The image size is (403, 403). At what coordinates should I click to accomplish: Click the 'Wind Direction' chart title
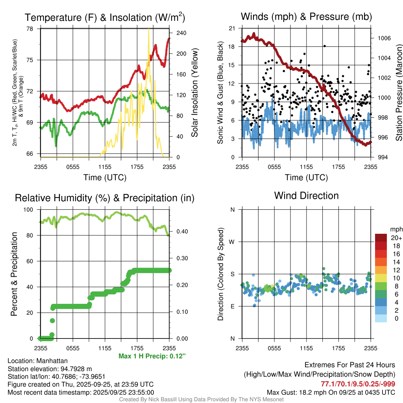click(x=306, y=196)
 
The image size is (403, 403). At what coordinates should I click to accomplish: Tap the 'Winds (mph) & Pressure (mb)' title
click(x=306, y=17)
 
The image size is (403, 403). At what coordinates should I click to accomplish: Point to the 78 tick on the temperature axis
click(x=30, y=29)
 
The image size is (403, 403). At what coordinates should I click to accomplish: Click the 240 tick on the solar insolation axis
click(x=181, y=33)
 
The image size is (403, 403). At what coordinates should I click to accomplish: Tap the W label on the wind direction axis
click(x=233, y=242)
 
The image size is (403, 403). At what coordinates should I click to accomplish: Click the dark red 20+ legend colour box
click(x=381, y=238)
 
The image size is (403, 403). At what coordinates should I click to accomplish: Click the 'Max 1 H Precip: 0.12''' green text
click(x=152, y=356)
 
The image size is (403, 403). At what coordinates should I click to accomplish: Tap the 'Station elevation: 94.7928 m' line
click(x=50, y=368)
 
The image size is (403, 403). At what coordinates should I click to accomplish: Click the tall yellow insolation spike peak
click(x=148, y=30)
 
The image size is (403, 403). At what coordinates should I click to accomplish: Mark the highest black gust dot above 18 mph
click(x=325, y=46)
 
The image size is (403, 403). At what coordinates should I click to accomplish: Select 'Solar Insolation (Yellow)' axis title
click(x=194, y=93)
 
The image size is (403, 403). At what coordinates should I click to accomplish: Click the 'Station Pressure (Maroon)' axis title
click(x=398, y=93)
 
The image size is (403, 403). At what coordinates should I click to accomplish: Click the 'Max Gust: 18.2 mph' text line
click(x=331, y=392)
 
